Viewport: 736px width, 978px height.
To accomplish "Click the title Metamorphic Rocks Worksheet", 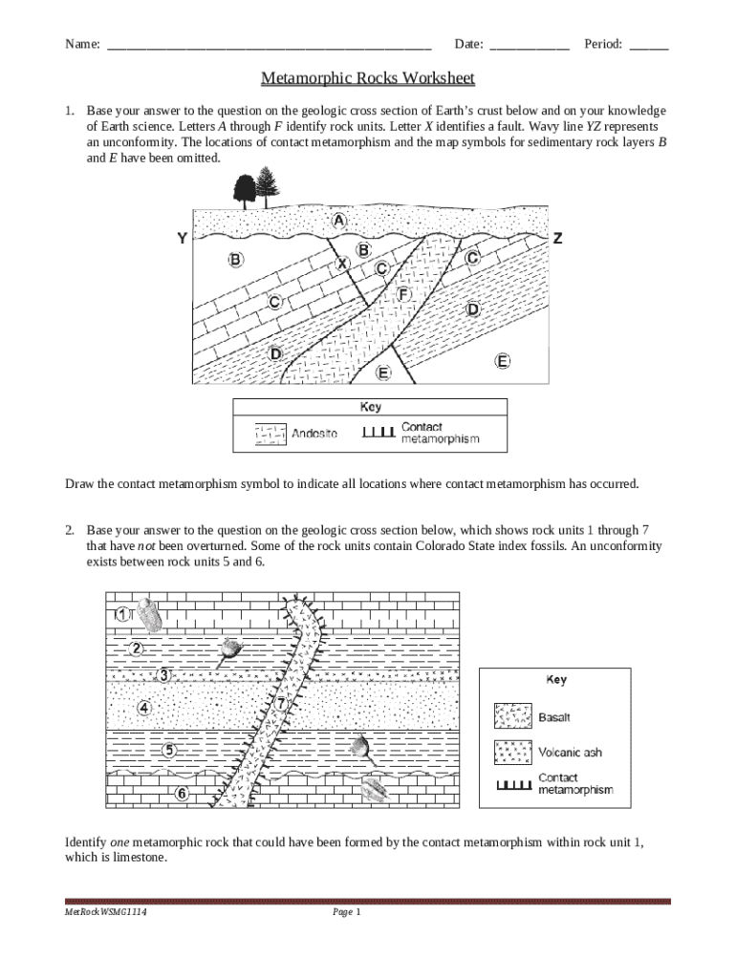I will coord(368,77).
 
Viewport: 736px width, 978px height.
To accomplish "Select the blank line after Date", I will coord(529,45).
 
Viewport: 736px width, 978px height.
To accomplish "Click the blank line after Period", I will coord(649,45).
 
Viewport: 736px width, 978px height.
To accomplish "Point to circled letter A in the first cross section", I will coord(338,220).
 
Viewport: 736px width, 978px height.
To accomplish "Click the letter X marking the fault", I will coord(341,263).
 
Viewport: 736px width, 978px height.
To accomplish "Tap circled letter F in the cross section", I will coord(403,294).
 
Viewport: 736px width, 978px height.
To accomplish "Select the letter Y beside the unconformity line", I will coord(181,239).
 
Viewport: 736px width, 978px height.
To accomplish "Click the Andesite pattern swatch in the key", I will coord(270,435).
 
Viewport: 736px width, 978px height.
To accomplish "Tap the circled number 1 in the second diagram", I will coord(122,615).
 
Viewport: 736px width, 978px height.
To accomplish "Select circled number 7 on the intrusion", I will coord(282,704).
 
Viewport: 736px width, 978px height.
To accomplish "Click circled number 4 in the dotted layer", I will coord(144,708).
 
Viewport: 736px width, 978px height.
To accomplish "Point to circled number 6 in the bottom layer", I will coord(181,793).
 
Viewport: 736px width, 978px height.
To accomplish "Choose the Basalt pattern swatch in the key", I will coord(512,716).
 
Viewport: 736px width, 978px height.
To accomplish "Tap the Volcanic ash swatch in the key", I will coord(512,753).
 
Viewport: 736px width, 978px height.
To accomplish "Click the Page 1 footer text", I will coord(346,913).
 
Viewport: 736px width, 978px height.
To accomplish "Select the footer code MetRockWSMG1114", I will coord(105,913).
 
